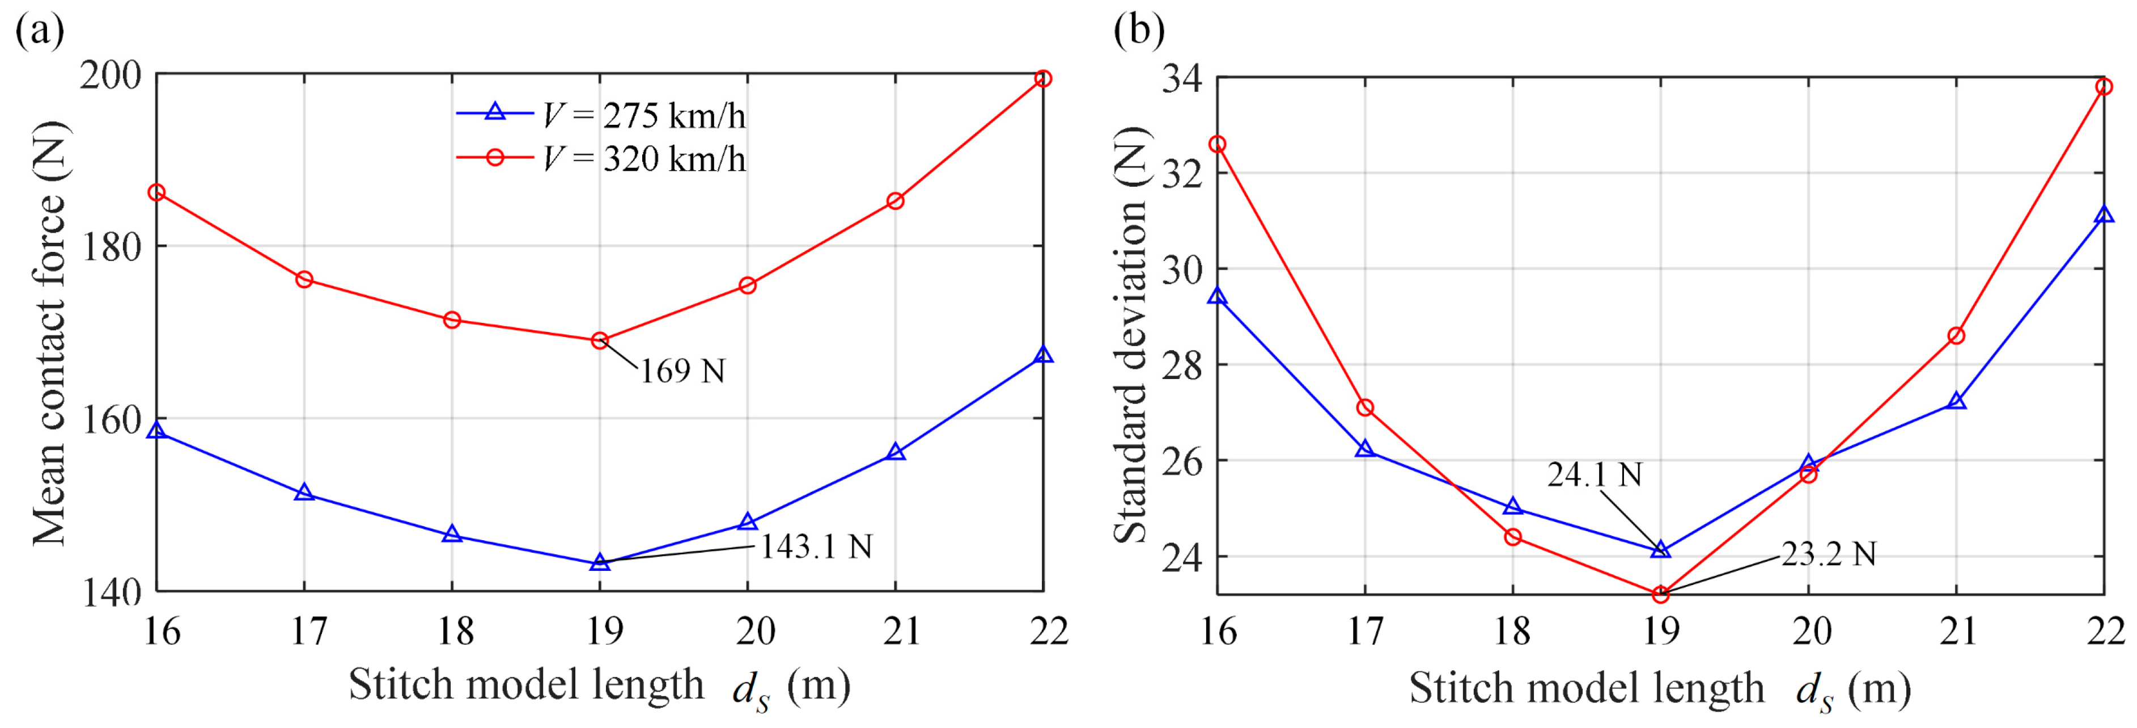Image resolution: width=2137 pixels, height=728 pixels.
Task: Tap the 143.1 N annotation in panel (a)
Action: click(x=816, y=546)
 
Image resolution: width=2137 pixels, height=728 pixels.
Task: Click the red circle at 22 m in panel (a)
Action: click(x=1044, y=79)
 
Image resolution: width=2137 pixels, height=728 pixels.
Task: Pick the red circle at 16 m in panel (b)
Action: click(x=1217, y=145)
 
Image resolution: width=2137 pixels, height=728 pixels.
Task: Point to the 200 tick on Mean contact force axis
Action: click(x=111, y=75)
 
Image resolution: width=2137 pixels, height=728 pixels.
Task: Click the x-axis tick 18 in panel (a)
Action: click(x=455, y=632)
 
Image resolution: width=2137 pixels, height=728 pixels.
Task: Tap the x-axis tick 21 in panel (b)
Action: click(x=1957, y=632)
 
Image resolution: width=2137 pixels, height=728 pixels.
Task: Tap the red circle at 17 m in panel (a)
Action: click(x=304, y=279)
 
